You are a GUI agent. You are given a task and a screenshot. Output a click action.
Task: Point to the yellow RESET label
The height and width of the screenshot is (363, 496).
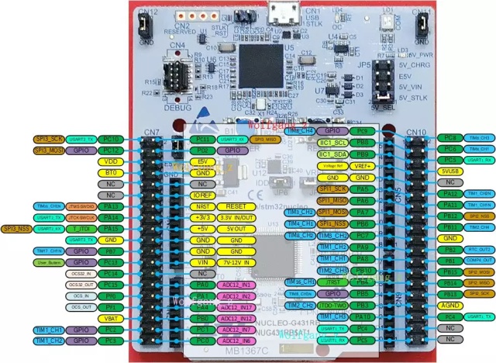point(235,206)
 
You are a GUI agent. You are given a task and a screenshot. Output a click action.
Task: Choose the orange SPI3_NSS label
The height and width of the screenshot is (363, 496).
point(19,229)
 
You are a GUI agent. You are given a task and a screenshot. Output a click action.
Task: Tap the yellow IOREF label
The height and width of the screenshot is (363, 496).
point(201,195)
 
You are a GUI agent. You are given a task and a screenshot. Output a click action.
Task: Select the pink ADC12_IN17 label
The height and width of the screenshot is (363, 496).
point(235,307)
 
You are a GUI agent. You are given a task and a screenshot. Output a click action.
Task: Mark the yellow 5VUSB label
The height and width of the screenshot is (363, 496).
point(448,171)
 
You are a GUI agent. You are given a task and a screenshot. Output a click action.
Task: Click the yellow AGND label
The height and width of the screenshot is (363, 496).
point(448,306)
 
